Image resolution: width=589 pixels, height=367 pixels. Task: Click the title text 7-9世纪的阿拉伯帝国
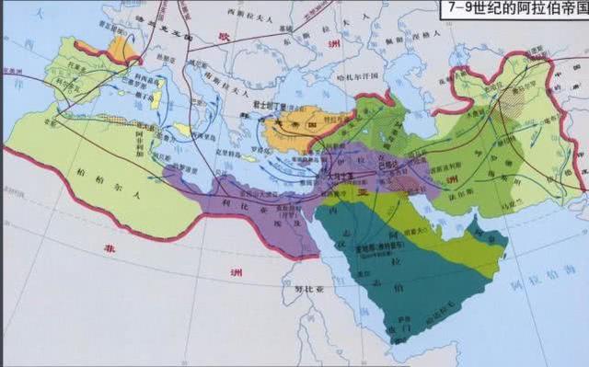click(521, 10)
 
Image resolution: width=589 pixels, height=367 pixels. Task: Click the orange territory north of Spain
click(120, 48)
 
